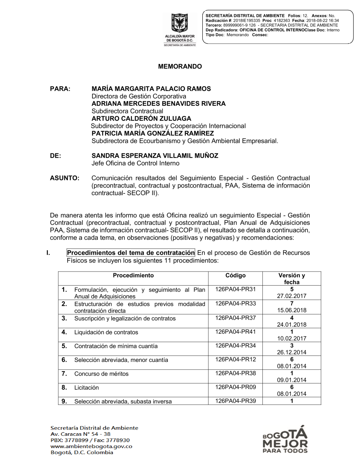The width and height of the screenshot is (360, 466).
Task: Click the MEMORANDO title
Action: click(x=180, y=66)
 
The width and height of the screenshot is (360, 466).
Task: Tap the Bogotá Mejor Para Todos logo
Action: click(x=285, y=440)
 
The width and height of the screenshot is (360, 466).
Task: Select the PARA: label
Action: click(x=60, y=89)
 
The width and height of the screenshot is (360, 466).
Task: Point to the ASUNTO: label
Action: click(x=64, y=178)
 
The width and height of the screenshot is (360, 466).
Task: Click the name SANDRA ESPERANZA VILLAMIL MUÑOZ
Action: click(x=155, y=156)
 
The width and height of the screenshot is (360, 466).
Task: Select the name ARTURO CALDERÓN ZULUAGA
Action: click(x=141, y=118)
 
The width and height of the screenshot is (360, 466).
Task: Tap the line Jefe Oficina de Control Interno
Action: click(x=135, y=163)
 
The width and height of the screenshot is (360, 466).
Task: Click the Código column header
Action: click(x=235, y=275)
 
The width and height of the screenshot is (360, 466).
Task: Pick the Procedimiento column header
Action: click(x=133, y=275)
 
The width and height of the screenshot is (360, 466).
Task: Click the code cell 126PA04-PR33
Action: click(x=235, y=304)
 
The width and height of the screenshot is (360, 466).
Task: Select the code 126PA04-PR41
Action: click(x=235, y=332)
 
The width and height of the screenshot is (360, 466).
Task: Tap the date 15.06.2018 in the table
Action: click(x=292, y=310)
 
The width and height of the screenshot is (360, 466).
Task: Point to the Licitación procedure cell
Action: click(x=86, y=387)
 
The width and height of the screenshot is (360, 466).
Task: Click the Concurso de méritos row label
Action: click(x=101, y=374)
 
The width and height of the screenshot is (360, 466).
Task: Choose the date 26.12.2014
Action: click(x=292, y=352)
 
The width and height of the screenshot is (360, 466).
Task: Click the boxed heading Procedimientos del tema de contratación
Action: click(x=131, y=253)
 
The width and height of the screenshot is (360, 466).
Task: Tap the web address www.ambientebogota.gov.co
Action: click(x=91, y=446)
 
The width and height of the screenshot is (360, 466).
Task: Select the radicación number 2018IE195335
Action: click(x=247, y=21)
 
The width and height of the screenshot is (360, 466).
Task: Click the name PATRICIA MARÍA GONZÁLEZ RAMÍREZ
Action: click(x=153, y=133)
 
